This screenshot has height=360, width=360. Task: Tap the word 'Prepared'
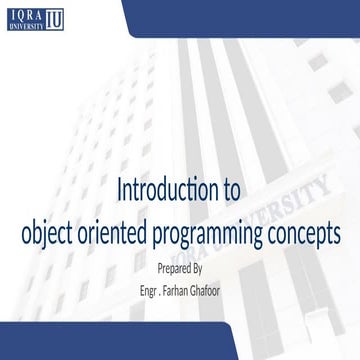click(x=172, y=269)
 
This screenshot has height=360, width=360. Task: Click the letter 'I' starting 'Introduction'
click(x=121, y=189)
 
